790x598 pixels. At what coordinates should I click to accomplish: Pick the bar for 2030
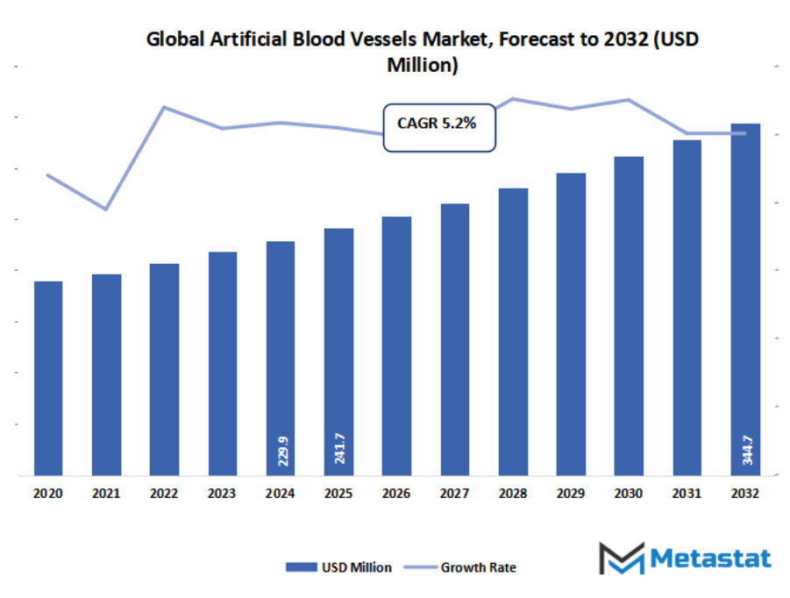629,317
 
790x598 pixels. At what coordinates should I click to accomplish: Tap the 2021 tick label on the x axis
106,494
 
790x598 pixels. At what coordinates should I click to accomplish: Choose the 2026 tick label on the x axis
396,494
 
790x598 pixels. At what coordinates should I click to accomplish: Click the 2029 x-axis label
571,494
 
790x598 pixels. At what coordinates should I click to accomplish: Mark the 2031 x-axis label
687,494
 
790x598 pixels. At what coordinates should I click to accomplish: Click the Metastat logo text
710,559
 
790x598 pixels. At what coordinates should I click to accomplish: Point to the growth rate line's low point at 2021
106,210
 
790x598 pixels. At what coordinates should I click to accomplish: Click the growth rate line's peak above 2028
513,98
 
